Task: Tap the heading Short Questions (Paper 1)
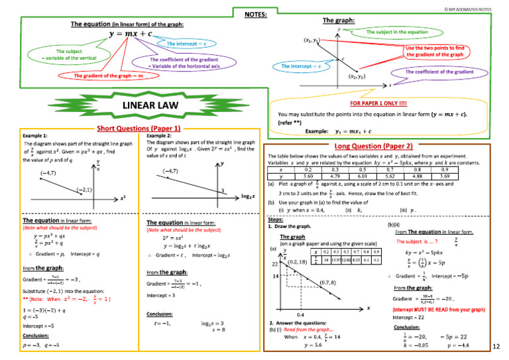pos(139,128)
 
